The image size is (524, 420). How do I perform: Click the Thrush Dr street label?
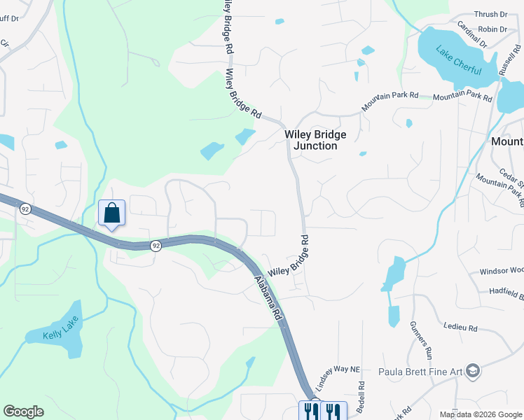pyautogui.click(x=490, y=14)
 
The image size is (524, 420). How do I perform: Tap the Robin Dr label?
pyautogui.click(x=492, y=29)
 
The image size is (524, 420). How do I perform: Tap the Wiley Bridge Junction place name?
pyautogui.click(x=310, y=140)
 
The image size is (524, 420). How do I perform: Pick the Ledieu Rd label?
pyautogui.click(x=460, y=327)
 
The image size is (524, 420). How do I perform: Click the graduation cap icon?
pyautogui.click(x=474, y=370)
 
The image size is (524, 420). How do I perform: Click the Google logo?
pyautogui.click(x=23, y=412)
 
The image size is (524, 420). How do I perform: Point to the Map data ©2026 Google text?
pyautogui.click(x=481, y=414)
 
